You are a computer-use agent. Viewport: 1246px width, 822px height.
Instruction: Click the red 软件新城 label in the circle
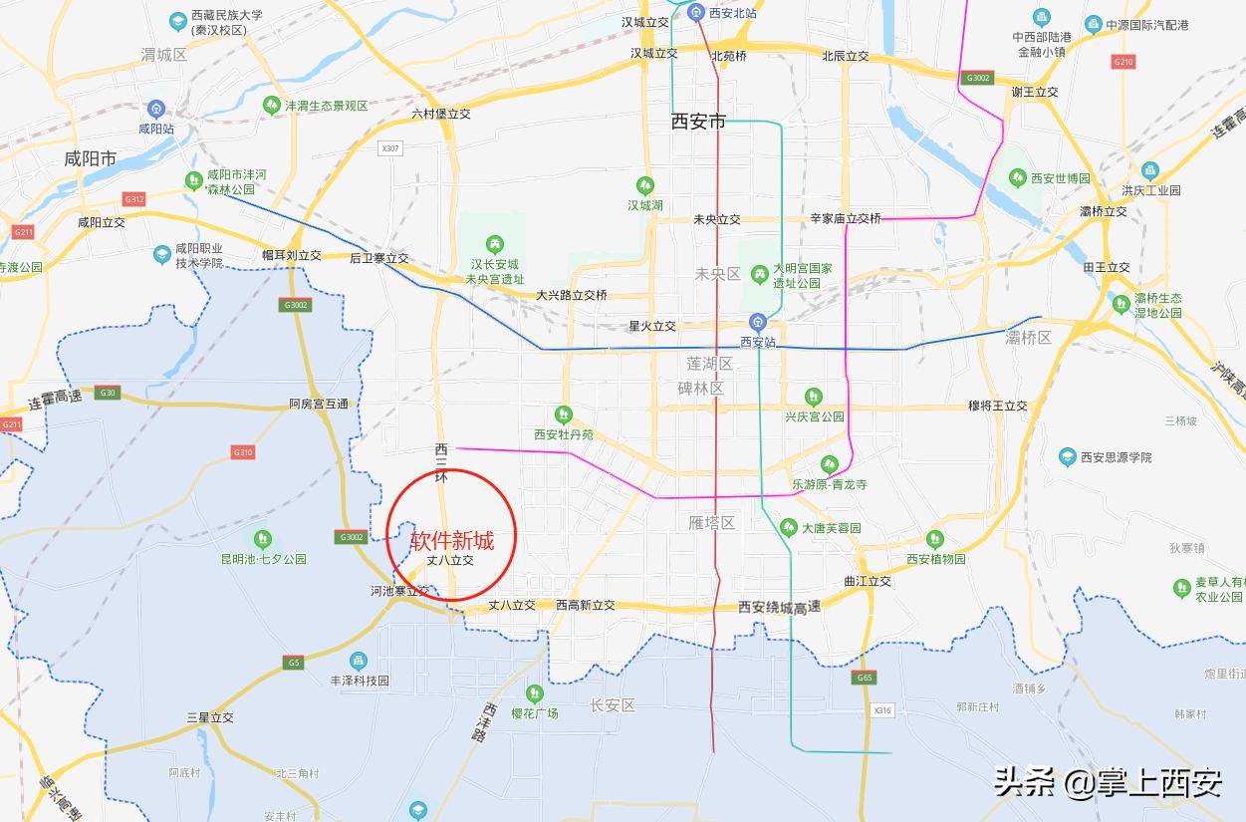452,541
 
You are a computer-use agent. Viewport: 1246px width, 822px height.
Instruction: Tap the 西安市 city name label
698,122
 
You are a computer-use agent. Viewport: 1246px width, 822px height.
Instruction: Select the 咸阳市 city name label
90,158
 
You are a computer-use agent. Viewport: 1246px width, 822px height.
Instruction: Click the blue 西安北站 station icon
697,13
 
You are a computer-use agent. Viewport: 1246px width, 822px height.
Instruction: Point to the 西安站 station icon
758,321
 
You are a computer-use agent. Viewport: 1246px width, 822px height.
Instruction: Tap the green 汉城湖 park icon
645,185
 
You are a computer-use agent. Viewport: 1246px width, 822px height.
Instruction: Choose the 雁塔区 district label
711,522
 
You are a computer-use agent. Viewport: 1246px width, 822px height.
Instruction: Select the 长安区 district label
612,705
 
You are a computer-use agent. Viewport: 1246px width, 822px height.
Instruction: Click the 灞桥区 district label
1029,338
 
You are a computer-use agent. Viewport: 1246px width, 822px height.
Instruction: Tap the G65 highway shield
864,679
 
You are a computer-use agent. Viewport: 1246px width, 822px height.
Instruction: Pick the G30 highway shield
108,393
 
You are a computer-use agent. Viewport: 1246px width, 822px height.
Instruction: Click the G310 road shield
242,452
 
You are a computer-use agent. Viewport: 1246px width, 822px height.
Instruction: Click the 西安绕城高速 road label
780,607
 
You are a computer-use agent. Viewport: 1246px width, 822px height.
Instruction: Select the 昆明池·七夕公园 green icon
263,539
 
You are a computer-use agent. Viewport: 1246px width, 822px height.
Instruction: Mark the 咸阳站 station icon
155,109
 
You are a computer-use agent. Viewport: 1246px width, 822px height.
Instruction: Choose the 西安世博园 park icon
1017,178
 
